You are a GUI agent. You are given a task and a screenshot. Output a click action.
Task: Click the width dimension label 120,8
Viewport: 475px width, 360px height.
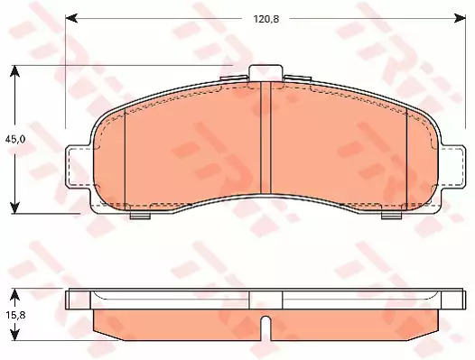coord(266,19)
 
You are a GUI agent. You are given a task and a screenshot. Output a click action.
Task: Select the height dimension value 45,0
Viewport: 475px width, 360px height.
coord(14,140)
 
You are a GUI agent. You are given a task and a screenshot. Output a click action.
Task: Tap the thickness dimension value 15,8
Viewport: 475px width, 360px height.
coord(14,315)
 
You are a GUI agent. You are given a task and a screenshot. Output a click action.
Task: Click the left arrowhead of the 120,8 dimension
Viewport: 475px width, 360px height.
coord(72,18)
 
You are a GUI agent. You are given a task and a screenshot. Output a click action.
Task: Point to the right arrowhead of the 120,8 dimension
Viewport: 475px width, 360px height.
coord(460,18)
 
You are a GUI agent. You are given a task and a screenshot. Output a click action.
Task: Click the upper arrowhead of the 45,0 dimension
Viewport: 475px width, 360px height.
coord(14,71)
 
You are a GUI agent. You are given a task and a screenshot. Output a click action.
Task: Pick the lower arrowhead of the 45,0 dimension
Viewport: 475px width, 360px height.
coord(14,207)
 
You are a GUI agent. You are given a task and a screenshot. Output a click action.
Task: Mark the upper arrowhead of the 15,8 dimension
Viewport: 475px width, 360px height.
coord(14,295)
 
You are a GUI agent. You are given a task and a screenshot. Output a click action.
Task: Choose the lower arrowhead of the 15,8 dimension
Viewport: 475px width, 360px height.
coord(14,334)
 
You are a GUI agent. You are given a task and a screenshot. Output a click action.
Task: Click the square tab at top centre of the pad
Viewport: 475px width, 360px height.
coord(265,73)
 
